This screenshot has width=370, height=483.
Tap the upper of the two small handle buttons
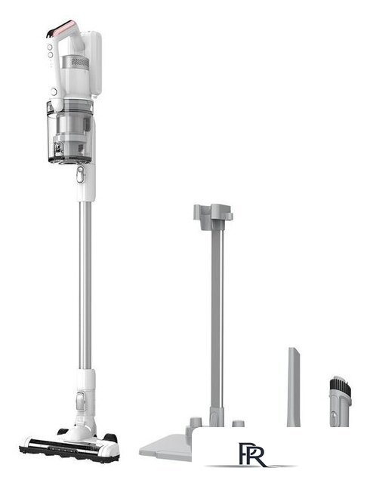pos(50,47)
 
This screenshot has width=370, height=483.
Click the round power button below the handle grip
pos(54,91)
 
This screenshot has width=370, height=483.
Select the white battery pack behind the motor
pos(94,63)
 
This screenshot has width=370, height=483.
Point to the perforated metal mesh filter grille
pos(80,62)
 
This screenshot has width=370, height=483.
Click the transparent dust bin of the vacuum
pos(70,131)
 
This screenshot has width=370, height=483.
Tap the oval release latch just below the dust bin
pos(80,174)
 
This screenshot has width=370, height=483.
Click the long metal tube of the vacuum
pos(85,285)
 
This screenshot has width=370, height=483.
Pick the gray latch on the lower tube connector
pos(81,401)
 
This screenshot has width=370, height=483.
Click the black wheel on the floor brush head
pos(111,438)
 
